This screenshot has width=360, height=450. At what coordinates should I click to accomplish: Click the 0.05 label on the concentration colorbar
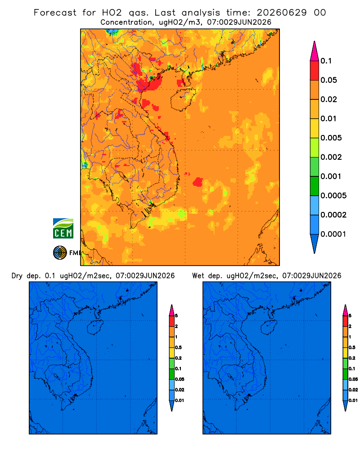click(328, 80)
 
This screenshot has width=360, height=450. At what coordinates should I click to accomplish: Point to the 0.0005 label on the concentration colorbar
click(333, 196)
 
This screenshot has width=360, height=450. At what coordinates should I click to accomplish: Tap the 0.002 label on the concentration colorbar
click(331, 157)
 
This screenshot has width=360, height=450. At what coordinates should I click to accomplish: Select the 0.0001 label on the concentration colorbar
click(333, 234)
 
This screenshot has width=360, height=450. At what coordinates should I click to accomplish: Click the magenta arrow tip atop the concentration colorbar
click(315, 51)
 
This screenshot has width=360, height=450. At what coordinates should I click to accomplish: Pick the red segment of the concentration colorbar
click(315, 71)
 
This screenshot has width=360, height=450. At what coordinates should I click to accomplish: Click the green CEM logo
click(63, 229)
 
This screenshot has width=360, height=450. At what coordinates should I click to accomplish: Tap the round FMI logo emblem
click(60, 252)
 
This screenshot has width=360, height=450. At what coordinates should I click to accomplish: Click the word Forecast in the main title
click(55, 13)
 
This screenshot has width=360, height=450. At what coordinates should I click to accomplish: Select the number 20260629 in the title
click(281, 13)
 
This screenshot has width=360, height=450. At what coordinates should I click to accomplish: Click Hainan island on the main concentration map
click(183, 99)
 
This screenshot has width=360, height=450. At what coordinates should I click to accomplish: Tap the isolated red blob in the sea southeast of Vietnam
click(198, 182)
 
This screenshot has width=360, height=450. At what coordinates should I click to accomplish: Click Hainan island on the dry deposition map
click(95, 327)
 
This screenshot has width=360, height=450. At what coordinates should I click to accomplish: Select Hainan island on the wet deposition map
click(269, 327)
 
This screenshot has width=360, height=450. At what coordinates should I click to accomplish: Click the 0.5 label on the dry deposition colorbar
click(178, 347)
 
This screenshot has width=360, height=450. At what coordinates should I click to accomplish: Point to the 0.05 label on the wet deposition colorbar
click(353, 379)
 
